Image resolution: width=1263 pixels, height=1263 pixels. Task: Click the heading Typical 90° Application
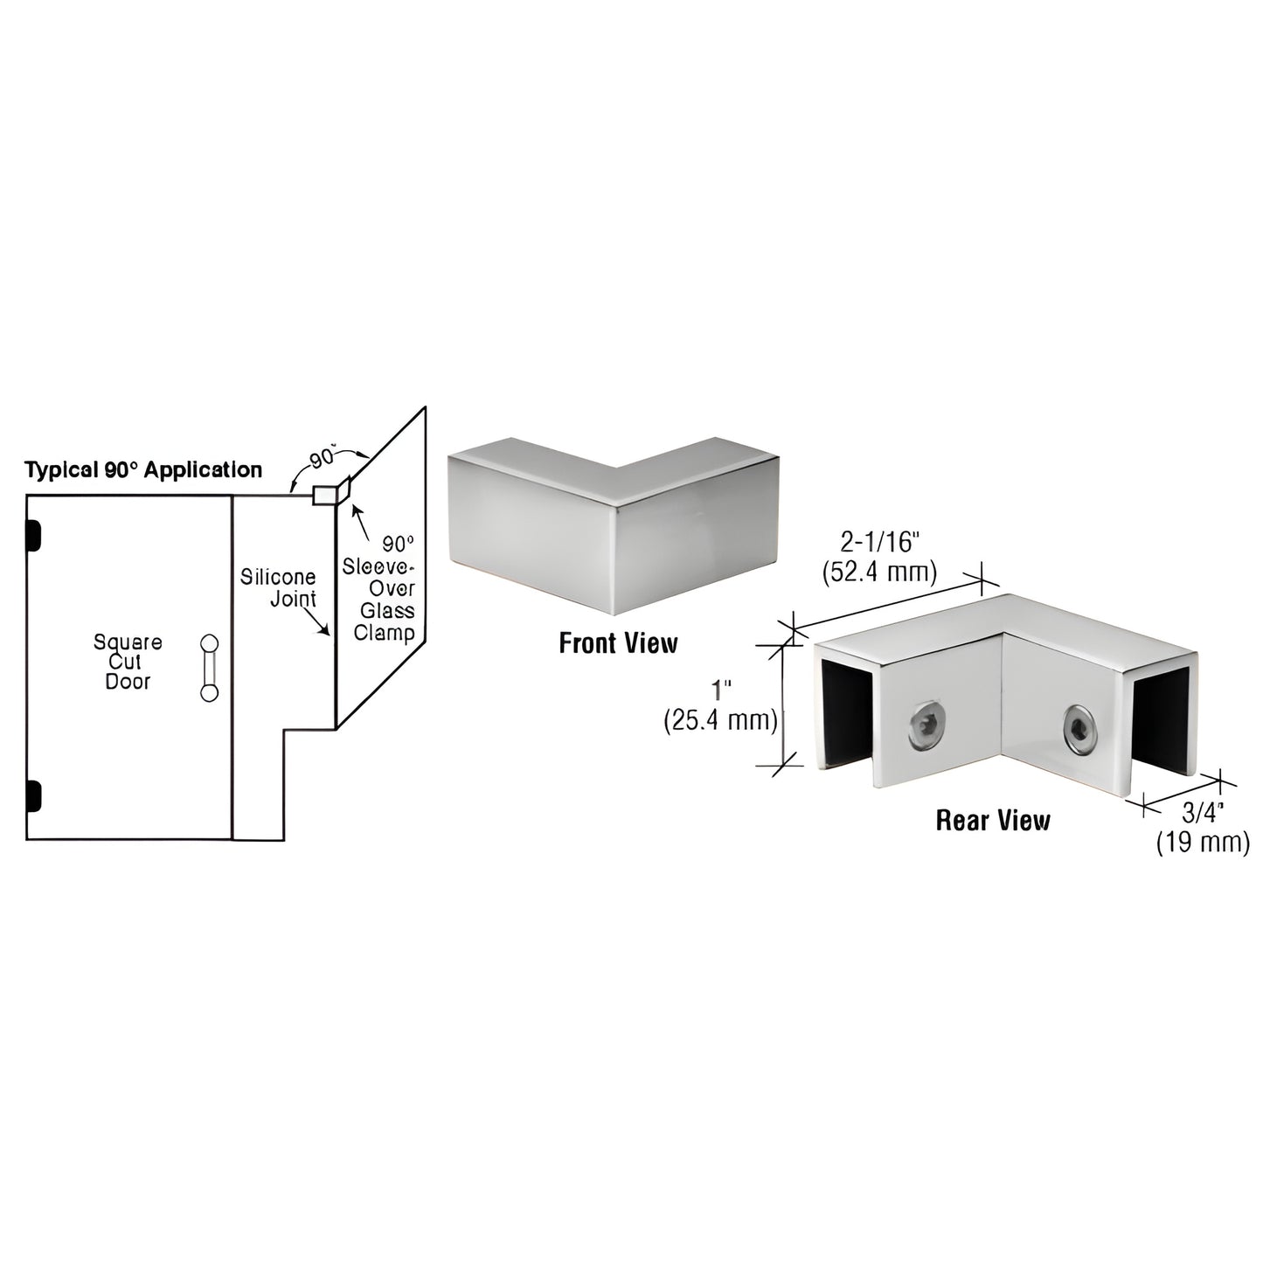point(143,470)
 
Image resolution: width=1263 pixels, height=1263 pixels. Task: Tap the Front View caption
point(618,644)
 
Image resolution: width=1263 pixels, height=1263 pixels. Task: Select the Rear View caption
point(993,820)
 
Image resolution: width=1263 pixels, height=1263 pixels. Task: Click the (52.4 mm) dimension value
point(880,573)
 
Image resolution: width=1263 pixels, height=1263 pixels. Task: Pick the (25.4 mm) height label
point(720,721)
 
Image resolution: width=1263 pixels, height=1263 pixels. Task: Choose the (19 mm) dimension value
point(1203,843)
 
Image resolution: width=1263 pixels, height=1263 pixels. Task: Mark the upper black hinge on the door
point(34,536)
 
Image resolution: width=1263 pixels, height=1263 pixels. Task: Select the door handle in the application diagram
point(209,667)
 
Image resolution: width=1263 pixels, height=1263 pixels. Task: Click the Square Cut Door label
point(128,662)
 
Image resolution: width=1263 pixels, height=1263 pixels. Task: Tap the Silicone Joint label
point(278,588)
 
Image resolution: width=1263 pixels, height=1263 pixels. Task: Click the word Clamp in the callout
point(384,630)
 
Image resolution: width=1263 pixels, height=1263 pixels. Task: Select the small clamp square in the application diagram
point(323,495)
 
